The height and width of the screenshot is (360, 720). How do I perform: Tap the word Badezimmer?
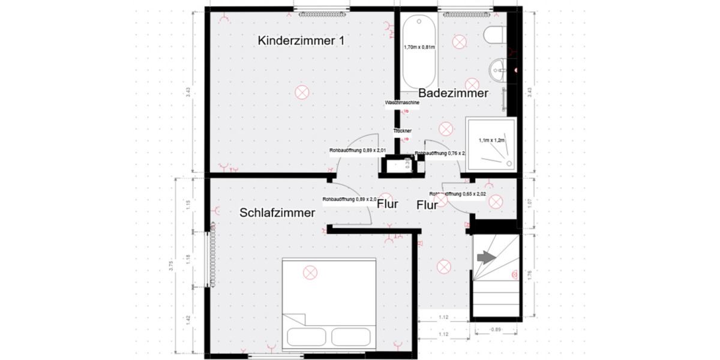tap(453, 93)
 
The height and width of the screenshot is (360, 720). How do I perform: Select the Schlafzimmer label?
tap(277, 212)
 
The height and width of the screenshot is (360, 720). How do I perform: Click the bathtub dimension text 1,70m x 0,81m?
tap(419, 47)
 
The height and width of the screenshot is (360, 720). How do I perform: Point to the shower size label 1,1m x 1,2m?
tap(493, 140)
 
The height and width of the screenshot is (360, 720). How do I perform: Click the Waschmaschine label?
tap(402, 103)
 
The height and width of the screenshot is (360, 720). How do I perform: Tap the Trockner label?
tap(402, 130)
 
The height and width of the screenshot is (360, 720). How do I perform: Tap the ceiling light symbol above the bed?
tap(310, 272)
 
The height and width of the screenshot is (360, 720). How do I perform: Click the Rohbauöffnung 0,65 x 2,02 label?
tap(457, 194)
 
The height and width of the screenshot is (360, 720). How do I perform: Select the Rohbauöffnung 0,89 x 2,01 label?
tap(358, 151)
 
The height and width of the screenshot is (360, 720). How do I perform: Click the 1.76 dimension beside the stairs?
tap(529, 276)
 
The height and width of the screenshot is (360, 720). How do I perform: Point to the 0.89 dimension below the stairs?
tap(496, 329)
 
